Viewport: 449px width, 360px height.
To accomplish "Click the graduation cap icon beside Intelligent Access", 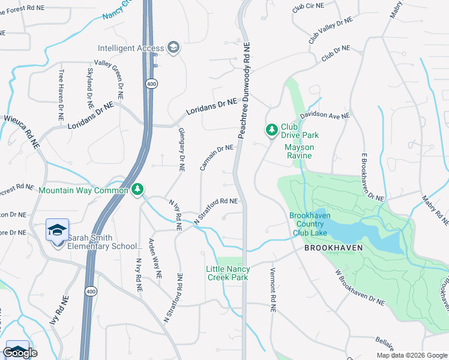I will [173, 48].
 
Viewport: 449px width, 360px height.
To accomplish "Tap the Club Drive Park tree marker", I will [271, 129].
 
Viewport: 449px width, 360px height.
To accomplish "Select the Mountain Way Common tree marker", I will [138, 190].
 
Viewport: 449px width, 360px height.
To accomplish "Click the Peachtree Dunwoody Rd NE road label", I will [245, 91].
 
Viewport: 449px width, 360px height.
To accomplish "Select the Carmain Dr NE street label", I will [216, 157].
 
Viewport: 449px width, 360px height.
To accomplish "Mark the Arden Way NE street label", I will [155, 259].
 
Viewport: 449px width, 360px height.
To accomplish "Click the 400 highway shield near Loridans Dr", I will [152, 84].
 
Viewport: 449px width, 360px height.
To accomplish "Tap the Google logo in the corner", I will [20, 352].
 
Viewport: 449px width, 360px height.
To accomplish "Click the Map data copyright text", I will [411, 355].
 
